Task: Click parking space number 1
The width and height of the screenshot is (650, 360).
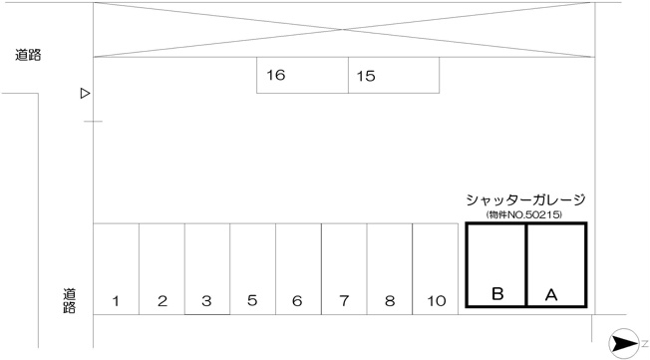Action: [116, 269]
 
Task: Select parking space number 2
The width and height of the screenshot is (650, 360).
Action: [162, 269]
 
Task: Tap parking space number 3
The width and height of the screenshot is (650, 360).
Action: [207, 269]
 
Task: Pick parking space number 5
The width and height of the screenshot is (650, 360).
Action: [253, 269]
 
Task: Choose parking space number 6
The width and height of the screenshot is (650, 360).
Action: [298, 269]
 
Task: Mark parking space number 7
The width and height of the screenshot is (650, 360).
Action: [344, 269]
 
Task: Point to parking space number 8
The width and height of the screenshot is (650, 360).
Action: [390, 269]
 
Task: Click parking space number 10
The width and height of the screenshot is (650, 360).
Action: [436, 269]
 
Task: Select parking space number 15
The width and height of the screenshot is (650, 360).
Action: [394, 75]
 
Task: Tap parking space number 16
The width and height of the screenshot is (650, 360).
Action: [303, 75]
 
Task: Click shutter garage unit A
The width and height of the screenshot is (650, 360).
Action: [556, 265]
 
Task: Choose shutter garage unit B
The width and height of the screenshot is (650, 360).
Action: [495, 265]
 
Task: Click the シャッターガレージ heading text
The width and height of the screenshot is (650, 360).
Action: [525, 199]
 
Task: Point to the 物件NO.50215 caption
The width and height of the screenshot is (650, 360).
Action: [524, 214]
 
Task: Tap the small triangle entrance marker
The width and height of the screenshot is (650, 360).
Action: [85, 94]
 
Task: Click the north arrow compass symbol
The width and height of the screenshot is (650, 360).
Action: [624, 343]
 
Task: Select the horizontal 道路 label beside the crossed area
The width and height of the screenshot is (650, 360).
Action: [28, 55]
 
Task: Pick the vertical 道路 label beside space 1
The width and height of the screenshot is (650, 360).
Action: [69, 301]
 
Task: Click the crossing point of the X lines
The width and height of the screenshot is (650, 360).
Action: [343, 30]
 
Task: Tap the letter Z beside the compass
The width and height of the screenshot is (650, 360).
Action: [645, 343]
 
